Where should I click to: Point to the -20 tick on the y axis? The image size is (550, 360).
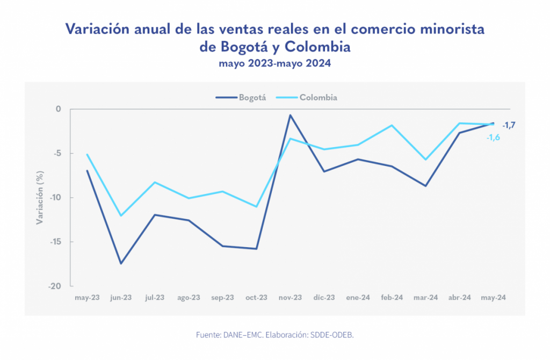click(55, 286)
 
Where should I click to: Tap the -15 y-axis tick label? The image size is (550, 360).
click(56, 242)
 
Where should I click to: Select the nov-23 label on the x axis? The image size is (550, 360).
click(290, 298)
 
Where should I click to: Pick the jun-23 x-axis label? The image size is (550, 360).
click(120, 298)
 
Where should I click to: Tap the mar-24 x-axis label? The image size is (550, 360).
click(426, 298)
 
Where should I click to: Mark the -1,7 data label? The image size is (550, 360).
click(509, 125)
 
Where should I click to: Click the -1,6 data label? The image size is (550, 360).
click(493, 138)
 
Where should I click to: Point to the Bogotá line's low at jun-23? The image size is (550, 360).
click(121, 263)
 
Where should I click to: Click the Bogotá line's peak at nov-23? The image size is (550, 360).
click(291, 115)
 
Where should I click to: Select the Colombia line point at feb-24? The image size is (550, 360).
click(392, 125)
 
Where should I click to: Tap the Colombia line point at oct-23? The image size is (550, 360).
click(257, 206)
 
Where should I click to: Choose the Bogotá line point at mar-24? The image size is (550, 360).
click(426, 186)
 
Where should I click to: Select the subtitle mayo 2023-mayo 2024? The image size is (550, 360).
click(274, 63)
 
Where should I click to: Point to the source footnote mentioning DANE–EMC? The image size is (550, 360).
click(274, 335)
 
